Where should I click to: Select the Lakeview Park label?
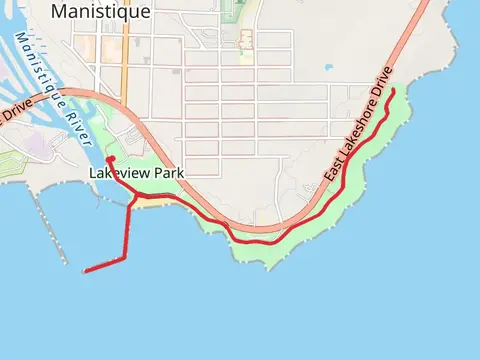(137, 173)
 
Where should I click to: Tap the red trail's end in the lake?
(85, 270)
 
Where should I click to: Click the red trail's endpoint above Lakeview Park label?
(109, 159)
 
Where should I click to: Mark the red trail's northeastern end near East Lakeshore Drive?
(393, 92)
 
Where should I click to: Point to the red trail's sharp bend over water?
(124, 259)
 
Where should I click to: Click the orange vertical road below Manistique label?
(124, 60)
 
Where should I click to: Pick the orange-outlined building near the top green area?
(246, 39)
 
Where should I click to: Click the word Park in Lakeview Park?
(168, 173)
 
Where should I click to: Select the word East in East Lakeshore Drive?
(335, 169)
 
